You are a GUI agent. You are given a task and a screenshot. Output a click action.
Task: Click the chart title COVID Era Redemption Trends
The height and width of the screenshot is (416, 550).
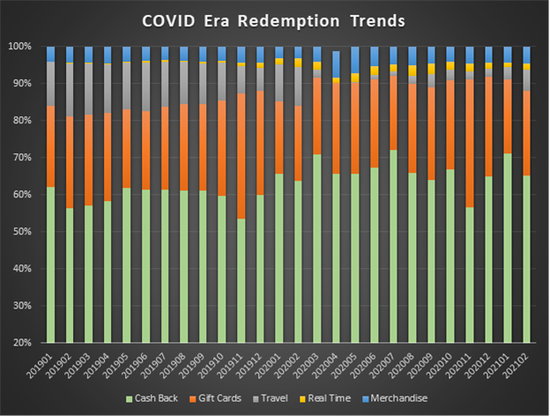(274, 20)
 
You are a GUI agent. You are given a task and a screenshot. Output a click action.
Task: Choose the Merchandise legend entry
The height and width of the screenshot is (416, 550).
(418, 399)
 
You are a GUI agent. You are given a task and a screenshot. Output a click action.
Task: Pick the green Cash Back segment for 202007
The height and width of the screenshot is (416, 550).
(393, 246)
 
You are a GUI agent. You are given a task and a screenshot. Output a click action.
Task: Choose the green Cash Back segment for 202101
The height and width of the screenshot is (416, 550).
(507, 248)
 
